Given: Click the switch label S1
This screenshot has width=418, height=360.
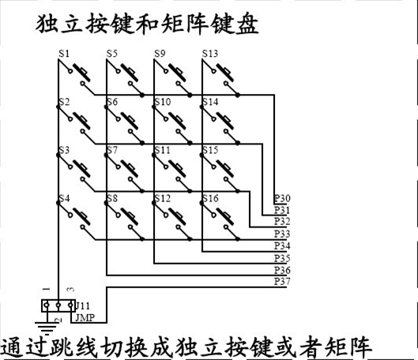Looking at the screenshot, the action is coord(64,54).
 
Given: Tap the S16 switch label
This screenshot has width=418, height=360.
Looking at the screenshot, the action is coord(210,198).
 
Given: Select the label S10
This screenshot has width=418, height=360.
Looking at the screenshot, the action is coord(163,102).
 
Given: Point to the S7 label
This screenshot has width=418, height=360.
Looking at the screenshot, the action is coord(112,150).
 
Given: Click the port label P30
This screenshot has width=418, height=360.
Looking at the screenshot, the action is coord(282,198).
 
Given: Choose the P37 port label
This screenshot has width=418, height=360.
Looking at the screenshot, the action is coord(282,281).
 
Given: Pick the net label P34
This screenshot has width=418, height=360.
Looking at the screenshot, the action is coord(282,246).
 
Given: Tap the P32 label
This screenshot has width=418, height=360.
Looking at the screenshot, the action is coord(282,222).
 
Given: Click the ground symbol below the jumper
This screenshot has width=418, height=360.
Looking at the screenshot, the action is coord(47,328).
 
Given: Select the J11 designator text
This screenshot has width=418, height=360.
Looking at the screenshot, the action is coord(83,306).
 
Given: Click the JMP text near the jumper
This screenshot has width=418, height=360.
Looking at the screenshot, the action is coord(85,317).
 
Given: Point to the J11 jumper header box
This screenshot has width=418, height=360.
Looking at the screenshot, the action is coord(58,306).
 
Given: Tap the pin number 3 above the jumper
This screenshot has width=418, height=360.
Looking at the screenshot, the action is coord(71,289).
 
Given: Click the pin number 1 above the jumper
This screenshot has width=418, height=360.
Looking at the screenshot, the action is coord(47,289).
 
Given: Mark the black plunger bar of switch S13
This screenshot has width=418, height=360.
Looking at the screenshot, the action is coord(225,72).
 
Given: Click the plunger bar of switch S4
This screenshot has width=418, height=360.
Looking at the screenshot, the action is coord(82,216).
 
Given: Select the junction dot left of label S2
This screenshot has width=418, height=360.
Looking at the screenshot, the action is coord(58,107).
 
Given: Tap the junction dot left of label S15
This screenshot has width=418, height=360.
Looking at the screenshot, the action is coord(201,155).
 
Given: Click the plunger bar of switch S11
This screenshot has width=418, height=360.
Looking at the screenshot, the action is coord(177,168).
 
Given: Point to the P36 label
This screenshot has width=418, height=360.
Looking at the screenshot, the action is coord(282,270).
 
